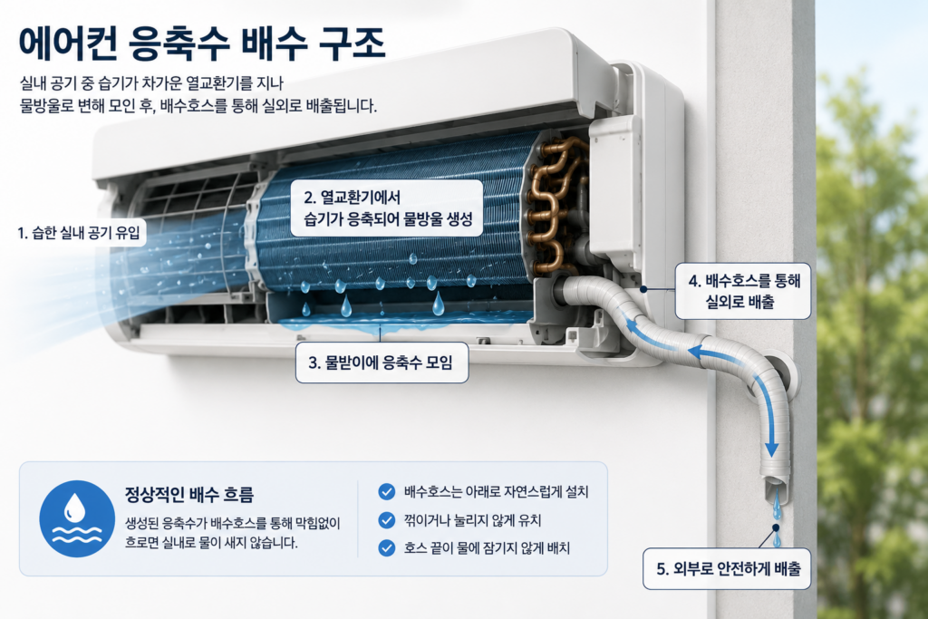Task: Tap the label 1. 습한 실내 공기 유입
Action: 80,233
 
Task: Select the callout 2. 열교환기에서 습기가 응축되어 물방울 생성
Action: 388,208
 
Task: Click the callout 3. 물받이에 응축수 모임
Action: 382,363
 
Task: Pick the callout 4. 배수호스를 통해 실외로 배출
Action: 743,291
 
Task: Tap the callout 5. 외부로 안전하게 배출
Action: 728,569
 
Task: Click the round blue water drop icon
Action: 77,518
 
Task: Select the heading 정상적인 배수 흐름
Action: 188,494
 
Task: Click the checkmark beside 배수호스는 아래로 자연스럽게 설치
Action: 386,492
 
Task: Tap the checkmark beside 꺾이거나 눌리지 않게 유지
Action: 386,520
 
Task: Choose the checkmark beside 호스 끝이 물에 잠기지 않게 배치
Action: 386,548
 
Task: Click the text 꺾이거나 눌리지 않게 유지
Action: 472,521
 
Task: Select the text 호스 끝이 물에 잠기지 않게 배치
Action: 487,548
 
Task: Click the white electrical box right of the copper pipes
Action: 615,192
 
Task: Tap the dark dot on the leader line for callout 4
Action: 643,289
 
